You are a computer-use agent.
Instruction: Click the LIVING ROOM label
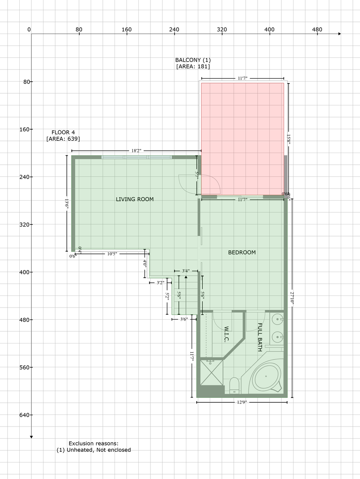(x=135, y=199)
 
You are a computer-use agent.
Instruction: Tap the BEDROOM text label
(x=242, y=253)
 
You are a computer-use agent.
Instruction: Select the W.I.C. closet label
(x=227, y=334)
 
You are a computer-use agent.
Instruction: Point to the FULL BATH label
(x=260, y=337)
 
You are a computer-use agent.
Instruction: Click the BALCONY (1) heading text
(x=193, y=60)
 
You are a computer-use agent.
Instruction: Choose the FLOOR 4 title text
(x=63, y=133)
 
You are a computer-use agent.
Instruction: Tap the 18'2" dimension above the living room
(x=136, y=151)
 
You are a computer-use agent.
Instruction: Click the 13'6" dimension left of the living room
(x=67, y=203)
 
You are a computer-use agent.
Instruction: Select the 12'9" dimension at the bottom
(x=242, y=403)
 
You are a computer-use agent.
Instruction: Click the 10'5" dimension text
(x=112, y=254)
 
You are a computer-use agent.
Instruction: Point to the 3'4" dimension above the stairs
(x=186, y=271)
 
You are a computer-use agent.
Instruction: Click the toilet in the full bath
(x=234, y=386)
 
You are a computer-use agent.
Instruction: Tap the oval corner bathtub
(x=266, y=377)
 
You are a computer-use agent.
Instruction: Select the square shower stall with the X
(x=211, y=372)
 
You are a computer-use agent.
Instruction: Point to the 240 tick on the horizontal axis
(x=174, y=29)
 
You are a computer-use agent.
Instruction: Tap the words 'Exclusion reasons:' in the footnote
(x=93, y=443)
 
